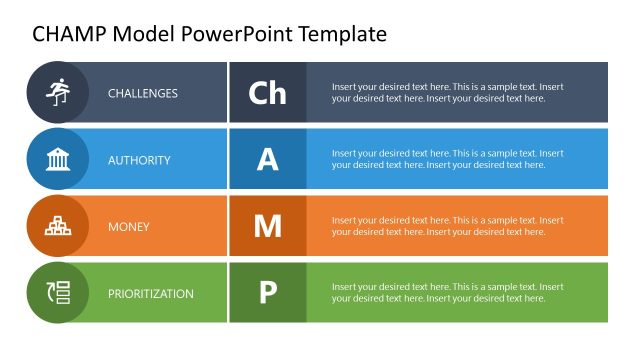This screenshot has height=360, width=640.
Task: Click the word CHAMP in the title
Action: (69, 34)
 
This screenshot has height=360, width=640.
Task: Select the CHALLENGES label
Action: (143, 93)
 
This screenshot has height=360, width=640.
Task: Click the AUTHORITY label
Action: (139, 160)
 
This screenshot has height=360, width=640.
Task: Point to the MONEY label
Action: (129, 227)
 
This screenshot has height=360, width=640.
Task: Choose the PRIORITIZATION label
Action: (151, 294)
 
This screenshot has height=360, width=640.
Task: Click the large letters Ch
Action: (267, 93)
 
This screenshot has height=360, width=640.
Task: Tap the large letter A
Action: (267, 160)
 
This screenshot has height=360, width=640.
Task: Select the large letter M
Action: (267, 227)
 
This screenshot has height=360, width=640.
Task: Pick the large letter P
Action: (267, 294)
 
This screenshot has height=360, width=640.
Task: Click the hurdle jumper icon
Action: (57, 92)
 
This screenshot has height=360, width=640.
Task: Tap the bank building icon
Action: (57, 159)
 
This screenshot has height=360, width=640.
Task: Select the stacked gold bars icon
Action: (57, 226)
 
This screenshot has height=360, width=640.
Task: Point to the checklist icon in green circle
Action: (57, 293)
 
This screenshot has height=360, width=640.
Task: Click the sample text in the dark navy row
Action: (447, 93)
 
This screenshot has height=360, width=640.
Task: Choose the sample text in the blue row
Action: (447, 160)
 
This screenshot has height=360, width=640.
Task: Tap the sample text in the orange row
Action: (447, 227)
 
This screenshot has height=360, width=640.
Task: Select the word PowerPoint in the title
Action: (232, 34)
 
